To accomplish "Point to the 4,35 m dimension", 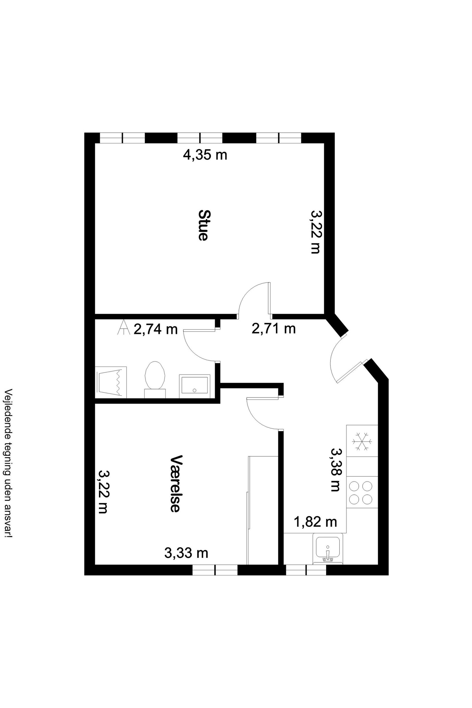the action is coord(205,155).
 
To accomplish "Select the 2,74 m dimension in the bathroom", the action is coord(156,329).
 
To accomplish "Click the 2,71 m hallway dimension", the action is coord(274,328).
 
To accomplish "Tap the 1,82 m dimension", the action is coord(315,522).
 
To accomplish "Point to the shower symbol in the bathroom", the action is coord(111,382).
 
